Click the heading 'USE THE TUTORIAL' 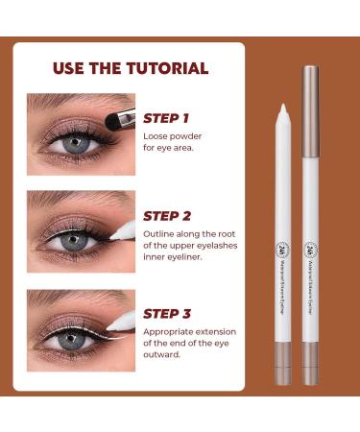click(132, 69)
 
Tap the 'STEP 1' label click(165, 118)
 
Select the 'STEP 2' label click(166, 216)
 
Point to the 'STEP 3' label click(166, 313)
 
